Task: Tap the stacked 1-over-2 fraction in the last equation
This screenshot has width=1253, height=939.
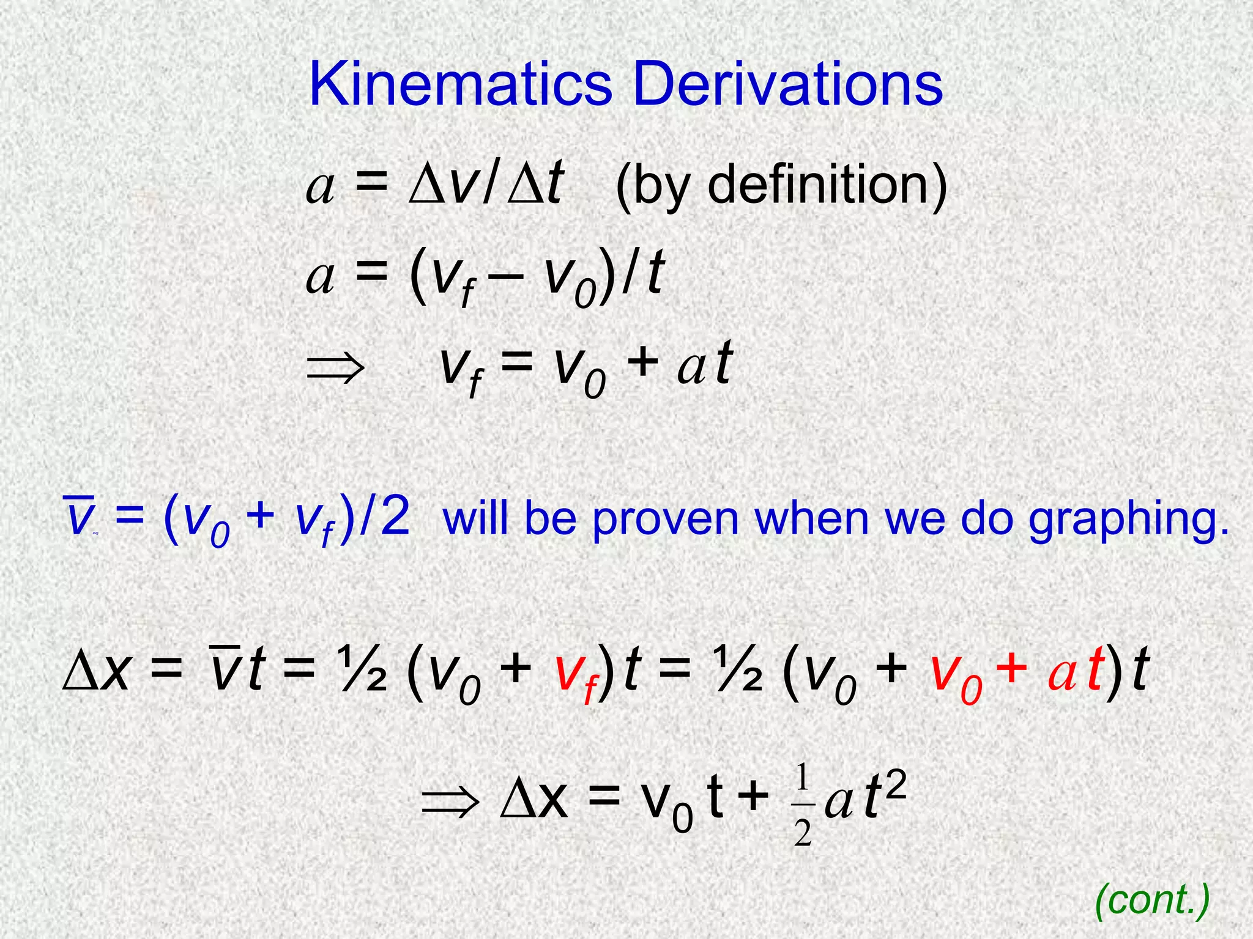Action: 803,806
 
